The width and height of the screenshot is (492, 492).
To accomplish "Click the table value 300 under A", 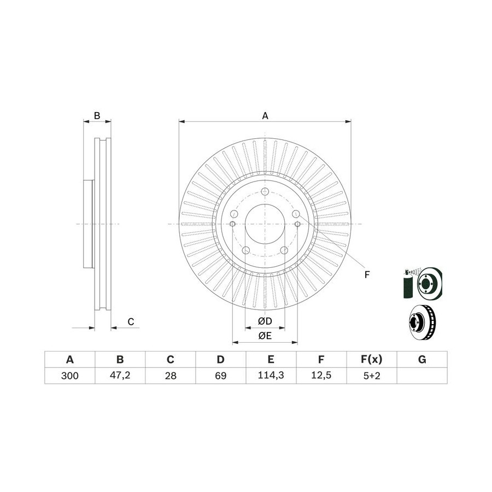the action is pyautogui.click(x=69, y=376).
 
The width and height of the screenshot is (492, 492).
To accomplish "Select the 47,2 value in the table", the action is pyautogui.click(x=120, y=375).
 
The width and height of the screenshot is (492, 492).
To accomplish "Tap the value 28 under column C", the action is pyautogui.click(x=171, y=376).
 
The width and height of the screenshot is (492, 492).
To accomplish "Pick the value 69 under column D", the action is pyautogui.click(x=221, y=376).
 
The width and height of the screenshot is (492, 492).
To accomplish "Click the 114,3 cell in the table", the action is pyautogui.click(x=271, y=375).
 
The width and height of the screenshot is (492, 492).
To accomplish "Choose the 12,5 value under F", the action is pyautogui.click(x=321, y=375).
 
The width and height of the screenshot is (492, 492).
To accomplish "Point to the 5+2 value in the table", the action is pyautogui.click(x=372, y=376).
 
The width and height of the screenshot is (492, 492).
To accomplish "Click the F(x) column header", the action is pyautogui.click(x=372, y=359).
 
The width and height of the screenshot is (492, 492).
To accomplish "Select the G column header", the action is pyautogui.click(x=422, y=359).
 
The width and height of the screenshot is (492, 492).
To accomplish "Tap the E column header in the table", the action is pyautogui.click(x=271, y=359).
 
